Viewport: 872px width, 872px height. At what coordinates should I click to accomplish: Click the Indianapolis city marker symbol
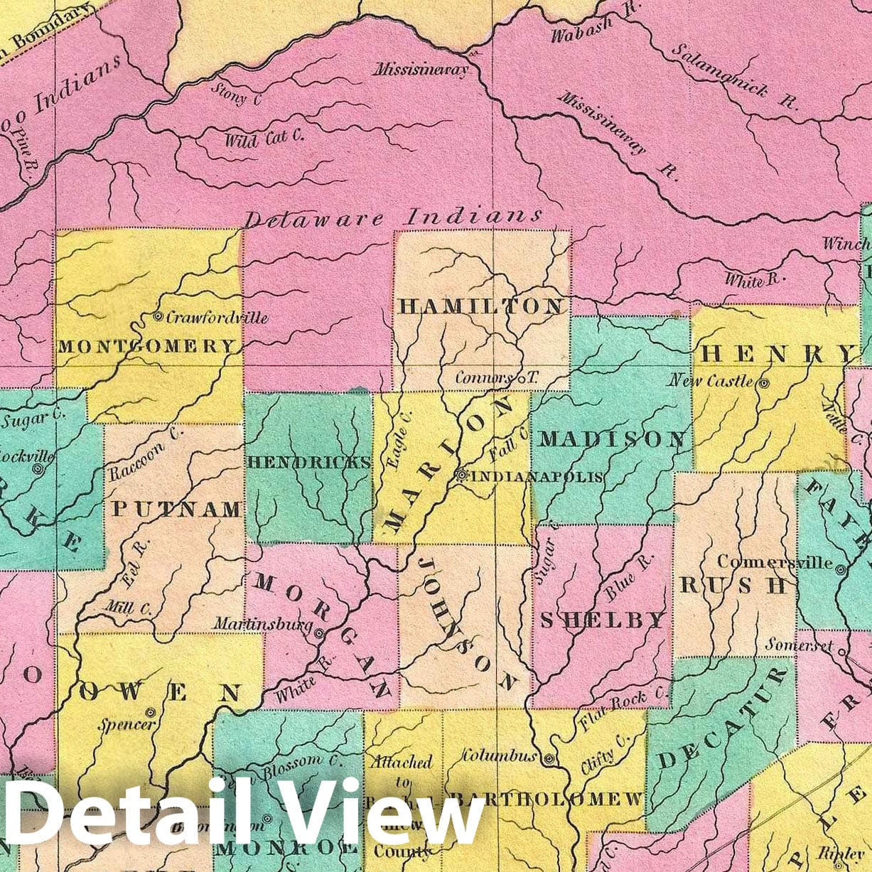pyautogui.click(x=461, y=475)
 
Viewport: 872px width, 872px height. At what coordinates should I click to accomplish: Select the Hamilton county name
pyautogui.click(x=482, y=306)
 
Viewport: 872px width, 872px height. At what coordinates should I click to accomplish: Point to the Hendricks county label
pyautogui.click(x=309, y=462)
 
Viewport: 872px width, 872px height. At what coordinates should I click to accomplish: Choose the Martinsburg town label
pyautogui.click(x=263, y=625)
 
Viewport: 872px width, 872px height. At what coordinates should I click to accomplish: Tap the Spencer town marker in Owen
pyautogui.click(x=150, y=711)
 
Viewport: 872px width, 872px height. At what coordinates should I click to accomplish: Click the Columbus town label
pyautogui.click(x=499, y=756)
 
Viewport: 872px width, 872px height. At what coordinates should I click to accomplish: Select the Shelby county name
pyautogui.click(x=603, y=620)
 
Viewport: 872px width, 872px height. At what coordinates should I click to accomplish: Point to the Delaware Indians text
pyautogui.click(x=393, y=217)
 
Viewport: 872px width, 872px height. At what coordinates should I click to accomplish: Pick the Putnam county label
pyautogui.click(x=177, y=509)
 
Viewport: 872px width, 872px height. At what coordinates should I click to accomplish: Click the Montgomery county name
pyautogui.click(x=146, y=346)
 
